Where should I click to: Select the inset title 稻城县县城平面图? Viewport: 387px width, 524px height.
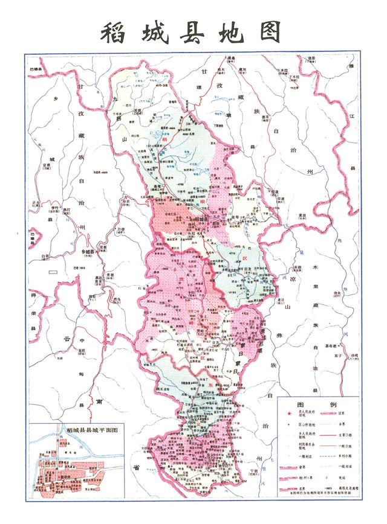click(91, 429)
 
